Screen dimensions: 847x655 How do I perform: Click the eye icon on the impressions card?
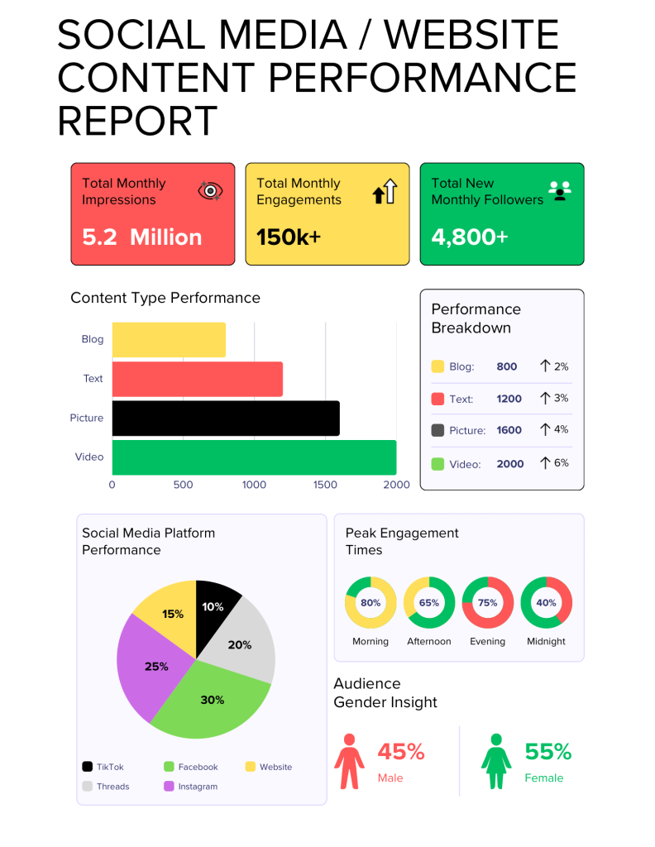pos(211,191)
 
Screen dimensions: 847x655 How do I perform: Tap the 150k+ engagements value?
pos(289,237)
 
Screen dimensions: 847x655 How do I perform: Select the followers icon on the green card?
pos(560,191)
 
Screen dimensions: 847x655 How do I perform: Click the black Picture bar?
pos(225,418)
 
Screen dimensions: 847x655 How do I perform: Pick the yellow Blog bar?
pos(169,339)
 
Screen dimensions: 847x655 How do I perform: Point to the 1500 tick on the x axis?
pos(325,485)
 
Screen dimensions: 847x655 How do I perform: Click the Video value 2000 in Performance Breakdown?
pos(510,464)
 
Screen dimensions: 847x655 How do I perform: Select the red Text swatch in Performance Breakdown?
pos(438,399)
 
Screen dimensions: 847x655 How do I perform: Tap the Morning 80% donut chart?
pos(370,602)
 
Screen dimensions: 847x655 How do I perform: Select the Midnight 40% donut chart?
pos(546,602)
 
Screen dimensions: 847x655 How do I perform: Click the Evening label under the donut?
pos(487,641)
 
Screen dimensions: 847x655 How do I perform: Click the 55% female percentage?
pos(548,752)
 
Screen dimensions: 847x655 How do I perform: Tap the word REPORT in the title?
pos(137,122)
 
